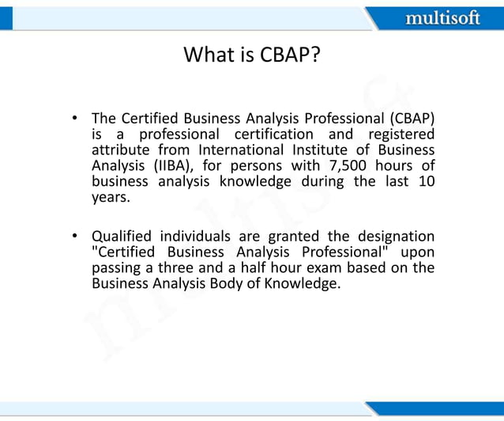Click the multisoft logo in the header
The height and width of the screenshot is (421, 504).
[442, 17]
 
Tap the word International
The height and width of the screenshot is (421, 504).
[239, 150]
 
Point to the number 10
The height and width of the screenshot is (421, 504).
[425, 182]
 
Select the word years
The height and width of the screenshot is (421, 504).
[111, 198]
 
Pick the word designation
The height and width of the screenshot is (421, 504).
[393, 237]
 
